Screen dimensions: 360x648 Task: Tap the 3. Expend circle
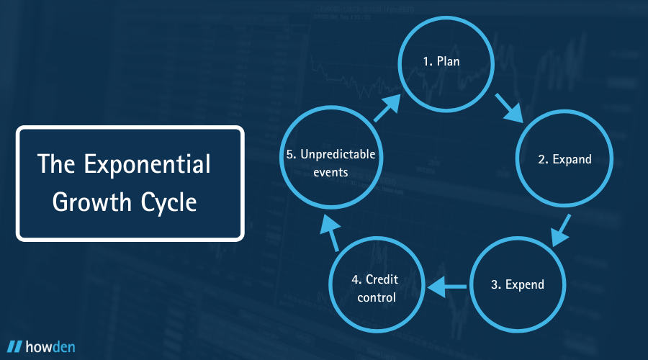point(517,284)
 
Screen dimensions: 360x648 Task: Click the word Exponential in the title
point(148,164)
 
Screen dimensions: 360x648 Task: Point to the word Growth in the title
point(84,202)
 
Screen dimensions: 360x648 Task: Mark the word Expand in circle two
point(572,159)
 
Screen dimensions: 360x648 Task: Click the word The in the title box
point(56,164)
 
